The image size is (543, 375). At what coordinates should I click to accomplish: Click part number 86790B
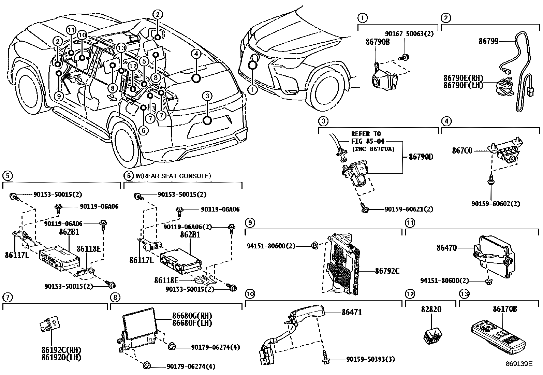(x=378, y=42)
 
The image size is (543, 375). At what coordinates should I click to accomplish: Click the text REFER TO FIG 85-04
(x=366, y=138)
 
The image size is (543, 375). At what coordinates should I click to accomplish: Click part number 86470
(x=446, y=248)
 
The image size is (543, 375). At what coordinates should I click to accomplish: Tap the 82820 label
(x=431, y=309)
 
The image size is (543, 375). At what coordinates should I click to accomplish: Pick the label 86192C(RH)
(x=62, y=350)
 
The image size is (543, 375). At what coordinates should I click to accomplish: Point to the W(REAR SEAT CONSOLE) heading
(x=173, y=176)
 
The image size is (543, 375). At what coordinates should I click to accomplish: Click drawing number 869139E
(x=519, y=364)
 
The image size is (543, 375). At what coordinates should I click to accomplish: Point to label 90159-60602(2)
(x=496, y=204)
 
